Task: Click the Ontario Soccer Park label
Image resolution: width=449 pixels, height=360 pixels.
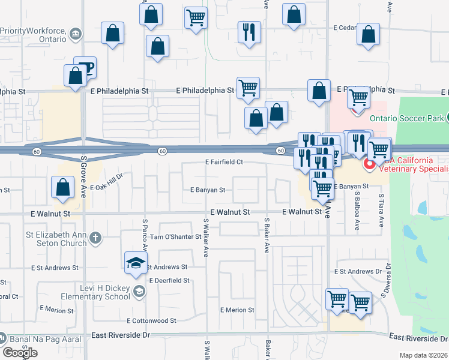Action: [406, 118]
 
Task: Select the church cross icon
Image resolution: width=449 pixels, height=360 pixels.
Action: [95, 239]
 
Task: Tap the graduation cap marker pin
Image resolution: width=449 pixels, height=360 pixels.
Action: [136, 263]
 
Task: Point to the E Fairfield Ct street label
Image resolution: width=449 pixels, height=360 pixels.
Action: [223, 162]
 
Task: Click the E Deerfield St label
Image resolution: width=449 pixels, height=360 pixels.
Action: [169, 280]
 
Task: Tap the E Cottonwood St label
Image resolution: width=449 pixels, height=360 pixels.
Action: [154, 322]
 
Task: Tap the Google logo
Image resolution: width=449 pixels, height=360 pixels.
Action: [20, 353]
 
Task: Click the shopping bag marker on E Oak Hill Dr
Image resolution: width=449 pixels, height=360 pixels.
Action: [62, 187]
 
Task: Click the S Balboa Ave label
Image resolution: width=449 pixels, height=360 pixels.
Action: [357, 207]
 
